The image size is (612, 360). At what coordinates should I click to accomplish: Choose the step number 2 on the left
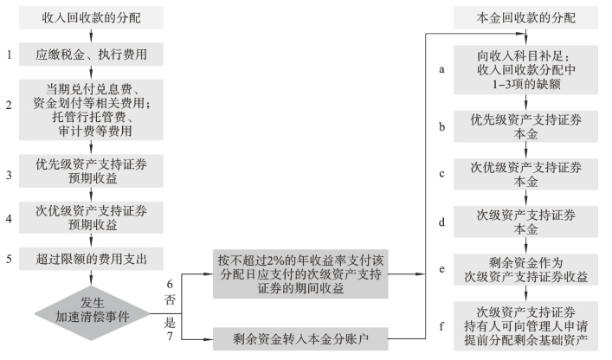[10, 106]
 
